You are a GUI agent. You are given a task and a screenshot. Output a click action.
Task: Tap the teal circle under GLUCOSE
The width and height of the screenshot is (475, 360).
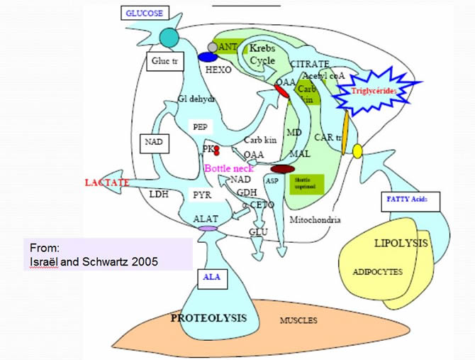click(x=170, y=38)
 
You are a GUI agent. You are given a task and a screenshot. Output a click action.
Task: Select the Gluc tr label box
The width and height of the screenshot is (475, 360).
click(x=164, y=62)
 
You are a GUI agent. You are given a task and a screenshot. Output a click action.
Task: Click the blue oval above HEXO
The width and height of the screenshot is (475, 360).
click(x=208, y=57)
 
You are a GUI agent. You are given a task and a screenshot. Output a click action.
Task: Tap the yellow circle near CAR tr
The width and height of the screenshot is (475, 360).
click(x=357, y=151)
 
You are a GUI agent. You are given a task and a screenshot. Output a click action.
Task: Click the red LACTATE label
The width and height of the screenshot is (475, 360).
click(x=106, y=183)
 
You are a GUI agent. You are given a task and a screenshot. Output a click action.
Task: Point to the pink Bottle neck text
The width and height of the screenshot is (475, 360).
click(x=228, y=168)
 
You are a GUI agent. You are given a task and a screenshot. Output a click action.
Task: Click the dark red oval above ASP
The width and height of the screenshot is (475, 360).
click(x=282, y=169)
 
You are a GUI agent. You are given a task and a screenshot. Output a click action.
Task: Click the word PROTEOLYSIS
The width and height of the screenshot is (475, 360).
click(x=208, y=317)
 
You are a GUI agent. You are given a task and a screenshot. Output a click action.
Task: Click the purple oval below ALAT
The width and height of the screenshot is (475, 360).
click(x=208, y=229)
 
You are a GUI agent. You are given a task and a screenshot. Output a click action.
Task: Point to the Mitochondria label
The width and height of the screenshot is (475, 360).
click(x=315, y=220)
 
